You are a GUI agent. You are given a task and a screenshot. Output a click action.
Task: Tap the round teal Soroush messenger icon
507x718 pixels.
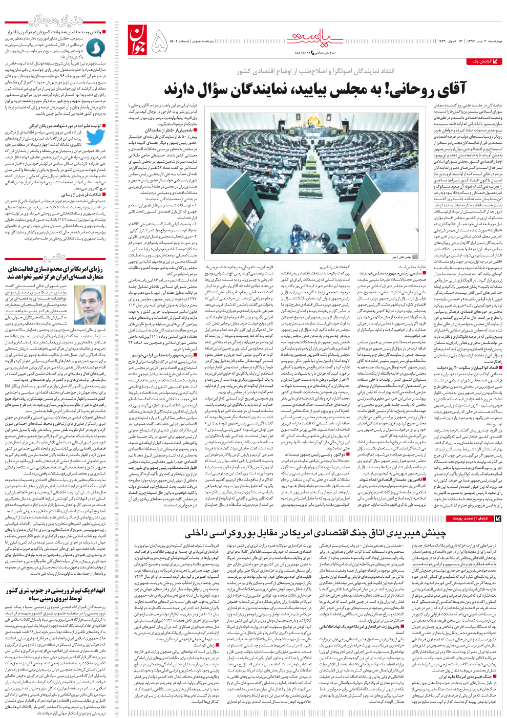pos(95,48)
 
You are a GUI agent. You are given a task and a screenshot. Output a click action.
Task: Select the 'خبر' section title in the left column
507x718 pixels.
pos(54,256)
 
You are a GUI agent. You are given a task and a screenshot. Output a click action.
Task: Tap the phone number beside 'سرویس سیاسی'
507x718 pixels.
pos(305,52)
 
